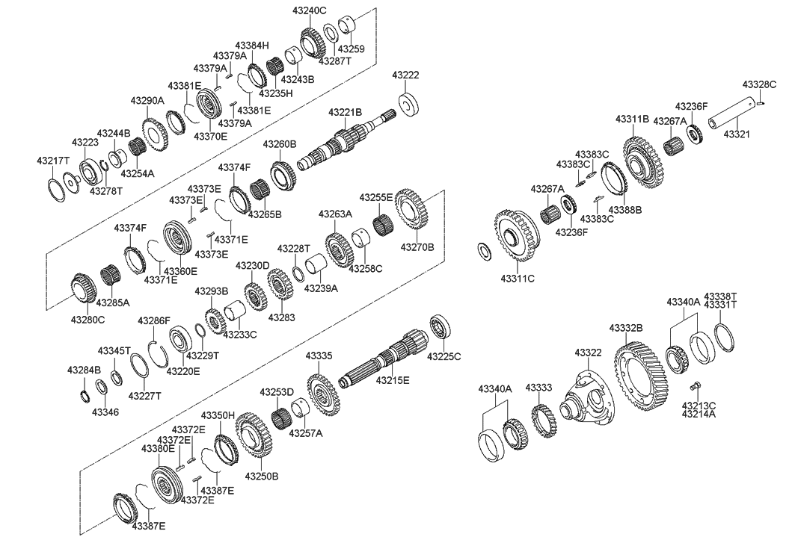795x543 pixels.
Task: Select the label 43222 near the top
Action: click(405, 75)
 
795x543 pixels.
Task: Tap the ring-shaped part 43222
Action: click(408, 104)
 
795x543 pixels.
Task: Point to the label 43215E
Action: click(393, 380)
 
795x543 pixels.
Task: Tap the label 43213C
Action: click(699, 406)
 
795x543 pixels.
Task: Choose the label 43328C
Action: click(759, 84)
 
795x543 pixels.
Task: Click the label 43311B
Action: click(632, 119)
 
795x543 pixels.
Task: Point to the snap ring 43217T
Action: click(55, 186)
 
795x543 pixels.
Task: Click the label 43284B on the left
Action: click(84, 370)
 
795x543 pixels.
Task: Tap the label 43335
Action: click(318, 356)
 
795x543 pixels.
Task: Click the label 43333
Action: click(538, 388)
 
